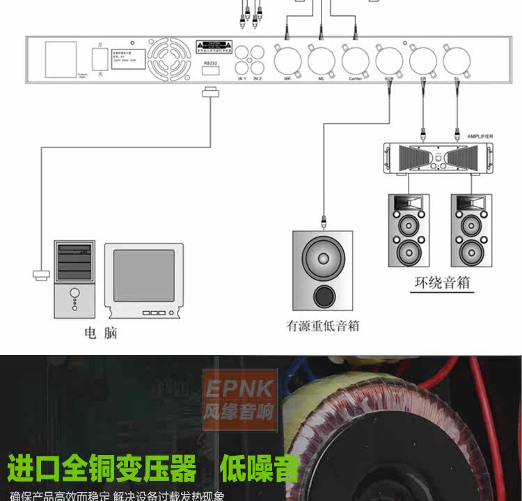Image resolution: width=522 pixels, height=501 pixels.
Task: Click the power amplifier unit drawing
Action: tap(438, 157)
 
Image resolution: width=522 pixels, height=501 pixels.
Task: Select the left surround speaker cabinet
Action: tap(409, 230)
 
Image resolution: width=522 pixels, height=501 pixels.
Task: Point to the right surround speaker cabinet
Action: tap(471, 230)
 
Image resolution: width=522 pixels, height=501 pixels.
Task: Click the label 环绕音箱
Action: tap(441, 284)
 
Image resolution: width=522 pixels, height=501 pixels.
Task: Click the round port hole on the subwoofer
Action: tap(323, 296)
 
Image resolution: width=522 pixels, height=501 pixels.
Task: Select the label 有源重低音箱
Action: tap(322, 326)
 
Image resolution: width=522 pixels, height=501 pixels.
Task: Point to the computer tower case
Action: tap(74, 278)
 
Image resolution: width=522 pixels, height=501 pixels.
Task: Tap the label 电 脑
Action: tap(101, 333)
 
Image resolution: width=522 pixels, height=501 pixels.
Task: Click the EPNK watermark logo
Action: tap(239, 401)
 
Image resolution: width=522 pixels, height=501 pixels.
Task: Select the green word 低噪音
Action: tap(260, 468)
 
